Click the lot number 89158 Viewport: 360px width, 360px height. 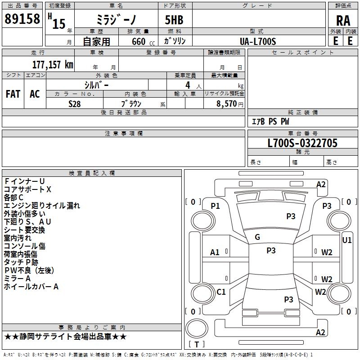pos(22,19)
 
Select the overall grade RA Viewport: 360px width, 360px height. pos(343,21)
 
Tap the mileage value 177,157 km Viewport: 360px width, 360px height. pos(52,64)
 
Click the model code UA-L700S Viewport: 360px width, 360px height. pos(258,41)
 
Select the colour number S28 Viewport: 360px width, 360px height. pos(75,103)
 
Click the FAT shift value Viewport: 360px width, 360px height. pos(13,94)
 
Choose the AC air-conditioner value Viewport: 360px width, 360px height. pos(35,94)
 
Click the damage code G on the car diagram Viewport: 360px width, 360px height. pos(257,237)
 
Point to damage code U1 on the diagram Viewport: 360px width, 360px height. pos(347,240)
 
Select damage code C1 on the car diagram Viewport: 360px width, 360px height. pos(221,292)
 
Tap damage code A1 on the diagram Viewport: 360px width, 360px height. pos(215,252)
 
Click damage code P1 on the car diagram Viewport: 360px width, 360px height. pos(216,206)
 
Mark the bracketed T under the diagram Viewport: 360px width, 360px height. pos(197,344)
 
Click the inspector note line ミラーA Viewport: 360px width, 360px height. pos(17,279)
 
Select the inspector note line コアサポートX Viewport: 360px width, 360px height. pos(28,189)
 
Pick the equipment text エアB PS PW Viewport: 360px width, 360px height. pos(270,121)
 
